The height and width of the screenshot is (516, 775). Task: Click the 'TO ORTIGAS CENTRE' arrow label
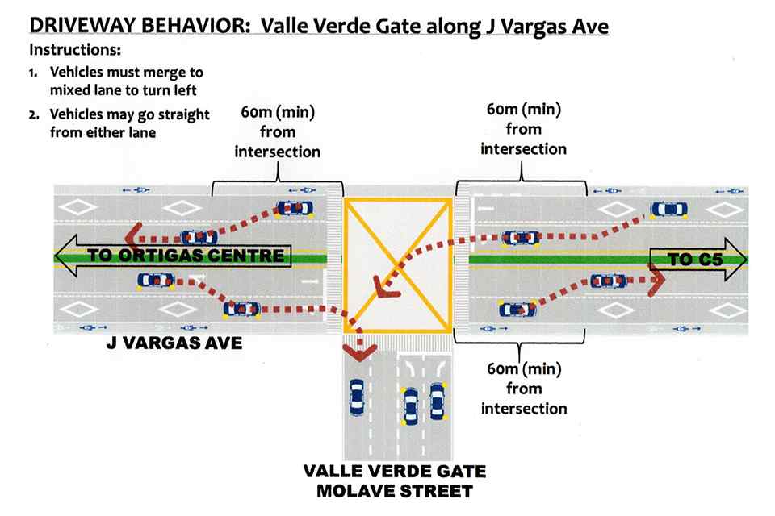click(x=186, y=256)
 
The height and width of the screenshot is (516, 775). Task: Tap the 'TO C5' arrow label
click(x=695, y=260)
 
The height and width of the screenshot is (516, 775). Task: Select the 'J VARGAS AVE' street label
click(x=174, y=343)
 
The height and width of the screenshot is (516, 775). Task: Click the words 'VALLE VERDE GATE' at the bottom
click(x=395, y=471)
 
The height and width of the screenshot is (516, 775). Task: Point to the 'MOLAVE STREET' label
click(x=395, y=491)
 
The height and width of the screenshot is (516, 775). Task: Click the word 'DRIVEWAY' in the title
click(x=84, y=26)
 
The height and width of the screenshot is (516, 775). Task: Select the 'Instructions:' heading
click(x=75, y=50)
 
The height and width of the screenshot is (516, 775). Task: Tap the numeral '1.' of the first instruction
click(x=33, y=73)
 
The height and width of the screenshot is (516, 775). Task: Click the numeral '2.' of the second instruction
click(x=34, y=114)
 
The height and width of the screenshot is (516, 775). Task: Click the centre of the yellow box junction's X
click(x=398, y=265)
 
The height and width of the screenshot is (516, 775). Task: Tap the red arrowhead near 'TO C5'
click(x=657, y=280)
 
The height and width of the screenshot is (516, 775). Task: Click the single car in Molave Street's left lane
click(x=356, y=397)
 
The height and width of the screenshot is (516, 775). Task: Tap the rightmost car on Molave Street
click(x=438, y=402)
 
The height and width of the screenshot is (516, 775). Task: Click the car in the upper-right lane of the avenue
click(x=668, y=210)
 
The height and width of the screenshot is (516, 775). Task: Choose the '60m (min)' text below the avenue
click(x=524, y=368)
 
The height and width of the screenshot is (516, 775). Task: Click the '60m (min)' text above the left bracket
click(x=278, y=112)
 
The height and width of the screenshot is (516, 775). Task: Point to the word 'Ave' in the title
click(x=590, y=26)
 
